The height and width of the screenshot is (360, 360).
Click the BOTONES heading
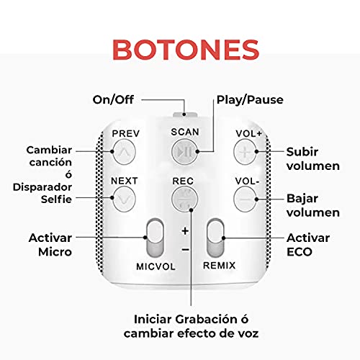[x=179, y=50]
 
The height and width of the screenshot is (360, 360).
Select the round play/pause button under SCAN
[x=184, y=152]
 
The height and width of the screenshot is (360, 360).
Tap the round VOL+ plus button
[x=245, y=152]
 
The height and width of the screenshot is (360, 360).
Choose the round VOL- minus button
[x=245, y=196]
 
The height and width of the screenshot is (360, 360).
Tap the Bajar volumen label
[x=312, y=204]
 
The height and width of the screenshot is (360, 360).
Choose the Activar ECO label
[x=308, y=244]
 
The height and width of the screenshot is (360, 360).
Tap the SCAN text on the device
[x=184, y=132]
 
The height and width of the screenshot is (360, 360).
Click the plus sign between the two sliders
[x=184, y=231]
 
